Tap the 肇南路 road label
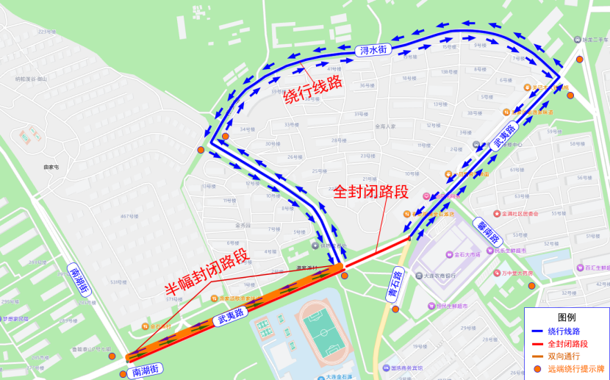point(489,229)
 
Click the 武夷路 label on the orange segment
point(231,318)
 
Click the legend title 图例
point(567,318)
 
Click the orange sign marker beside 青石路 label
point(395,309)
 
